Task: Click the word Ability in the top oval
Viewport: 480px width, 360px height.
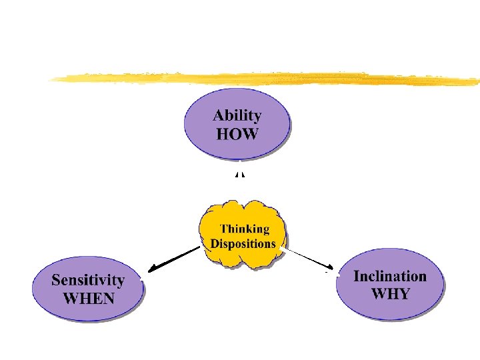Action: (237, 115)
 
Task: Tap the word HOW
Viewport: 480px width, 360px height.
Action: (237, 133)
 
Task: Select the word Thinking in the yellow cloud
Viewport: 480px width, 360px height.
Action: (245, 229)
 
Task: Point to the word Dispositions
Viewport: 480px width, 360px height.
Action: (243, 243)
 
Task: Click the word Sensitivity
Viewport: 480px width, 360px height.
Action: (88, 280)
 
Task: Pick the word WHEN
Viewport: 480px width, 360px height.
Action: (88, 298)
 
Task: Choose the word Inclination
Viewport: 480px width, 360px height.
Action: (390, 276)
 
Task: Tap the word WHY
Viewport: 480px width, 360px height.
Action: (390, 294)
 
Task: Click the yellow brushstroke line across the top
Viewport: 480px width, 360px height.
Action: (267, 79)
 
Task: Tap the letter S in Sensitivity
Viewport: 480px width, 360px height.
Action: (57, 280)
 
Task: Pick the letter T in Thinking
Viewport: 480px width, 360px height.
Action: (224, 229)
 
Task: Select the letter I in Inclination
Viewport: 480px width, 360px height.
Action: (357, 276)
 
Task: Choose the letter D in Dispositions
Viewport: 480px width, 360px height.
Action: (215, 243)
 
